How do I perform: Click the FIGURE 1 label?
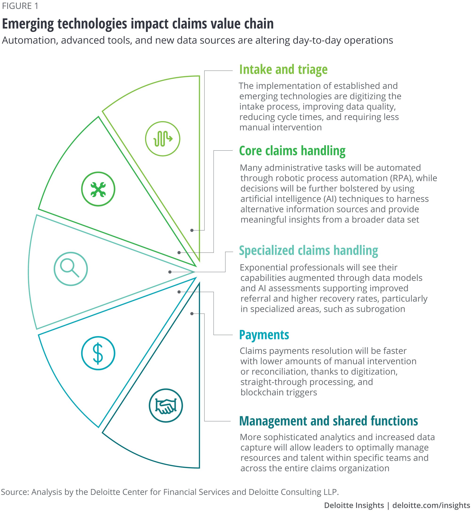[20, 6]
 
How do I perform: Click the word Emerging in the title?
[28, 24]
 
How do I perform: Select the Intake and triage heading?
[283, 70]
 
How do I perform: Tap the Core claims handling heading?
[292, 151]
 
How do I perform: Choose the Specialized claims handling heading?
[309, 251]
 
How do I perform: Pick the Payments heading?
[264, 335]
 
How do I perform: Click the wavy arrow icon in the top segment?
[162, 139]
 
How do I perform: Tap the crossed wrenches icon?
[98, 189]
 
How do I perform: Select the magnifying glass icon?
[71, 269]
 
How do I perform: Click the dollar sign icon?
[98, 353]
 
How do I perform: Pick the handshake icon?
[166, 406]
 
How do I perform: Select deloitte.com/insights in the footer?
[431, 505]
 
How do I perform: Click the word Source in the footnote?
[15, 492]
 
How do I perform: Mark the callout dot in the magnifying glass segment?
[170, 272]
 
